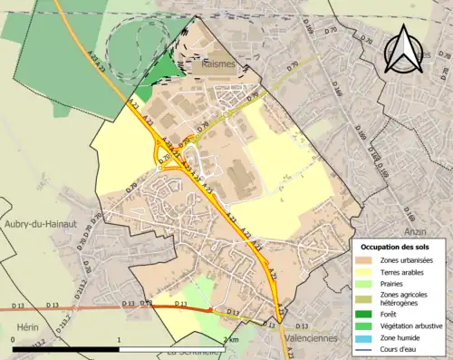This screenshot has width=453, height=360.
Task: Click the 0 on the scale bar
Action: (13, 340)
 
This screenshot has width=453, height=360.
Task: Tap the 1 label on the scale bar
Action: (119, 340)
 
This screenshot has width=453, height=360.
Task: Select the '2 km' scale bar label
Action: (230, 340)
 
